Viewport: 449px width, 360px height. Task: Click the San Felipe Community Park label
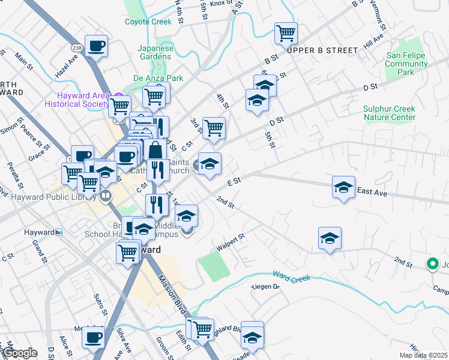coord(406,64)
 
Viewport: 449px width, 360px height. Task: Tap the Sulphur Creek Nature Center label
coord(390,113)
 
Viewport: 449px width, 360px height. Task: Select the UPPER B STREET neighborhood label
coord(322,50)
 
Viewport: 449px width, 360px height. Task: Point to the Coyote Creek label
coord(148,22)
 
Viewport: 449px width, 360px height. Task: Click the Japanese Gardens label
coord(155,53)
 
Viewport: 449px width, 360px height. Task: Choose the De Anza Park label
coord(158,78)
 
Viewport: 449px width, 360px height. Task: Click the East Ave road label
coord(373,192)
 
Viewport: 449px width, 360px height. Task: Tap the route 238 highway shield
coord(77,47)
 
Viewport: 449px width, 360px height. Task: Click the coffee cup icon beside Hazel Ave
coord(96,46)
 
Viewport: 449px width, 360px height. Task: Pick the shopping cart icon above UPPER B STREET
coord(286,34)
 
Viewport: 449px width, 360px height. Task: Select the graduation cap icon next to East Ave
coord(343,187)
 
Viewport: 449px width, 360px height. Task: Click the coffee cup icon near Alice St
coord(94,338)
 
